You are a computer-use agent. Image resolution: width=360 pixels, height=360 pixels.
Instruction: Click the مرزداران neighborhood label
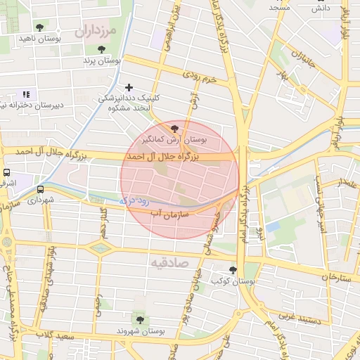coord(91,32)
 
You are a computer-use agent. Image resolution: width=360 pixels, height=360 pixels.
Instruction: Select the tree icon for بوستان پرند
coord(101,50)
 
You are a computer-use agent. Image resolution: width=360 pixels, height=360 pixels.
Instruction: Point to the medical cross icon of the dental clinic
coord(128,87)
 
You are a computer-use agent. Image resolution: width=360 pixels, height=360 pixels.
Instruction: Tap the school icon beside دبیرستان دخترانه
coord(26,94)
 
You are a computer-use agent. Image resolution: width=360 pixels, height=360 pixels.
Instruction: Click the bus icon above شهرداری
coord(39,189)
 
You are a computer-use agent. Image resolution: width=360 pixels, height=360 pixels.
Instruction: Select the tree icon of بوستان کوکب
coord(233,270)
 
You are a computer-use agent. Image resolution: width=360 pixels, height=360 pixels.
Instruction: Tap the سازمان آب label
coord(176,210)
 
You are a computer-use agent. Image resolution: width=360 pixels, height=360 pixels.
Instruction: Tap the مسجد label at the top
coord(279,6)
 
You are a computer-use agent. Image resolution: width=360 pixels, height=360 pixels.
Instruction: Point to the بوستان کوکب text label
coord(235,281)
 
